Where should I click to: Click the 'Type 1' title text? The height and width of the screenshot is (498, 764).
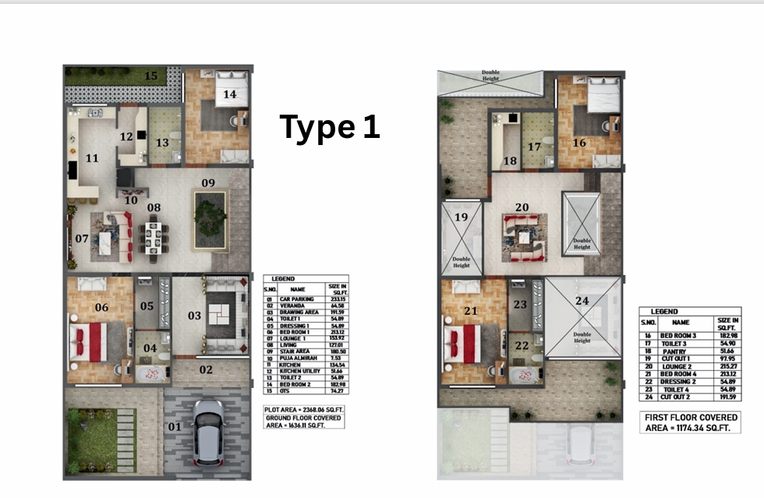(x=330, y=127)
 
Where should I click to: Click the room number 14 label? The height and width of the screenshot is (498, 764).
(x=229, y=94)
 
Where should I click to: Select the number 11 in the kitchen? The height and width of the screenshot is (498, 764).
(x=92, y=158)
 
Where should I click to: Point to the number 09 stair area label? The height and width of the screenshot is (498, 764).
(x=208, y=182)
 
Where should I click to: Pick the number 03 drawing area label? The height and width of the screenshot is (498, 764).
(x=193, y=316)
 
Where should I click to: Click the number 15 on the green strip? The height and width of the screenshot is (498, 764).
(x=150, y=76)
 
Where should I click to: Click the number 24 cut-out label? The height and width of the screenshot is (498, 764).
(x=582, y=299)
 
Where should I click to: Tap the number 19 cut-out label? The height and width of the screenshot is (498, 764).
(x=461, y=218)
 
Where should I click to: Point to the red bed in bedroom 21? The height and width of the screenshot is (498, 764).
(x=463, y=342)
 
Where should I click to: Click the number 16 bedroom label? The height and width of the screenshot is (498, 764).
(x=579, y=143)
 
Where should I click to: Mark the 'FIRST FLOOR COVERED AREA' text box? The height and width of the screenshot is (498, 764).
(x=690, y=423)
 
